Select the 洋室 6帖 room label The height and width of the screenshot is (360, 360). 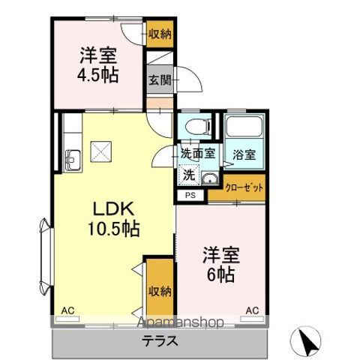[x=217, y=265]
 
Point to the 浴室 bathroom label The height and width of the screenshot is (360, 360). [x=244, y=154]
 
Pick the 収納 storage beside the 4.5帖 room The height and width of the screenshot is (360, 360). [x=158, y=34]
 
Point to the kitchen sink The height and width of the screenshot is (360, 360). [x=73, y=160]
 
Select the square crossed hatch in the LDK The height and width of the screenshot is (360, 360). [x=100, y=151]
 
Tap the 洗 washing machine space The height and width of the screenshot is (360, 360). [x=190, y=175]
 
